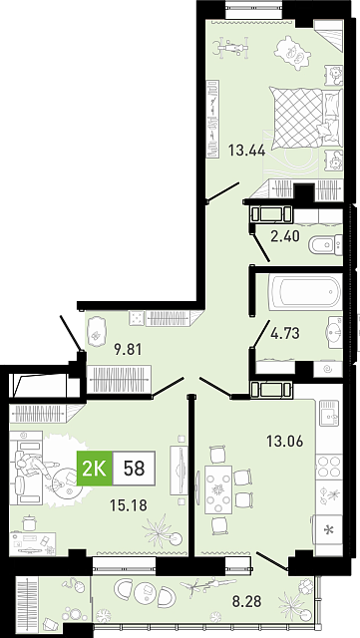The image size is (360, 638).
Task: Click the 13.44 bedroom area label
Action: point(246,151)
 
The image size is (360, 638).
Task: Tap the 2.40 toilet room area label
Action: point(285,235)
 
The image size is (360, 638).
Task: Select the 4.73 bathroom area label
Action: point(285,333)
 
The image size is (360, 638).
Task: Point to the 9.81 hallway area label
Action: point(128,349)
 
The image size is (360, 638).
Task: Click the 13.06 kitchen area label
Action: point(284,441)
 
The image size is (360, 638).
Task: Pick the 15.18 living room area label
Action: point(129,505)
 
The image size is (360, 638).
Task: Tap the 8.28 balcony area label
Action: point(246,600)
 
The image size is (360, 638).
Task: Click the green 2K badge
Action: point(95,469)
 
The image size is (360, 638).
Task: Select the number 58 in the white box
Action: point(134,469)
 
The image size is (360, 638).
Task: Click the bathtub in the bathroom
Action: point(304,292)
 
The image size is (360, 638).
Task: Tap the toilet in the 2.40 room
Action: point(326,244)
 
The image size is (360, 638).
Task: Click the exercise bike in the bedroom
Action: point(232,47)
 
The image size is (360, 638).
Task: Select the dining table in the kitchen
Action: point(218,489)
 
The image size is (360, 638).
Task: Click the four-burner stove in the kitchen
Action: point(329,467)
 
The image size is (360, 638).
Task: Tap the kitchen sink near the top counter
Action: point(329,413)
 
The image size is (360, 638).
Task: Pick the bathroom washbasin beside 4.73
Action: point(334,332)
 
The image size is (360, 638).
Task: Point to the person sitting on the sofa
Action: point(35,465)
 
